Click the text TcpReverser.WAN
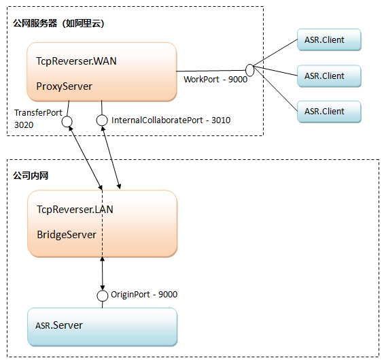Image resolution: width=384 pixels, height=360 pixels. pyautogui.click(x=76, y=61)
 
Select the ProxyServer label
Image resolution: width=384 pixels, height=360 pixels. pyautogui.click(x=64, y=86)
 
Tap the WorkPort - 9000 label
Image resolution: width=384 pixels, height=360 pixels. pyautogui.click(x=215, y=80)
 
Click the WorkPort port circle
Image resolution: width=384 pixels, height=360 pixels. pyautogui.click(x=250, y=70)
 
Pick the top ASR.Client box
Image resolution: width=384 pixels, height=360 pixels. pyautogui.click(x=329, y=39)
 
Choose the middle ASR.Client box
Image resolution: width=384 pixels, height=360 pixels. pyautogui.click(x=329, y=76)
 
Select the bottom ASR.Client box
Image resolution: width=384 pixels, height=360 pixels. pyautogui.click(x=329, y=112)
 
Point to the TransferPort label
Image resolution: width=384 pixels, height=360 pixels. pyautogui.click(x=38, y=113)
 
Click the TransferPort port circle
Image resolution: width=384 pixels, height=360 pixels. pyautogui.click(x=67, y=122)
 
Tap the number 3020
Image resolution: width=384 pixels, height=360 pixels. pyautogui.click(x=24, y=125)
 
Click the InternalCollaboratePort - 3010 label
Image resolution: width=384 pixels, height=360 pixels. pyautogui.click(x=171, y=120)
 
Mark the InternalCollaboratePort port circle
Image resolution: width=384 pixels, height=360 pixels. pyautogui.click(x=102, y=120)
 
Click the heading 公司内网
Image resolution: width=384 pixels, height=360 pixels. pyautogui.click(x=31, y=176)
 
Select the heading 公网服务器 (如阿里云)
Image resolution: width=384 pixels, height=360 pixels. pyautogui.click(x=58, y=23)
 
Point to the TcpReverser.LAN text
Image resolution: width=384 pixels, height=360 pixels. pyautogui.click(x=75, y=210)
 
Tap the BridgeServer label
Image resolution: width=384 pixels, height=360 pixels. pyautogui.click(x=67, y=235)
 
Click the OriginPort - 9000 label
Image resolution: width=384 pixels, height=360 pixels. pyautogui.click(x=144, y=295)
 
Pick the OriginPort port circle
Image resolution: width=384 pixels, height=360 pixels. pyautogui.click(x=103, y=296)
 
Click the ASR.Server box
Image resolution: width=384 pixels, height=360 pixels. pyautogui.click(x=103, y=327)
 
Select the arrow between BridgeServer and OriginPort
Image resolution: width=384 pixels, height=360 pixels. pyautogui.click(x=103, y=274)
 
